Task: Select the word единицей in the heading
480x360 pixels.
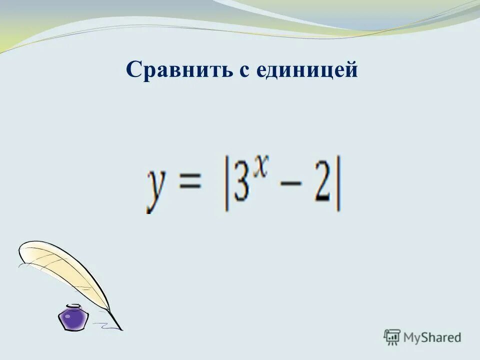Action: (307, 71)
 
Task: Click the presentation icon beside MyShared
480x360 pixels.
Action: (392, 336)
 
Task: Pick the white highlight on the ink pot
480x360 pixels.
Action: (67, 315)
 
